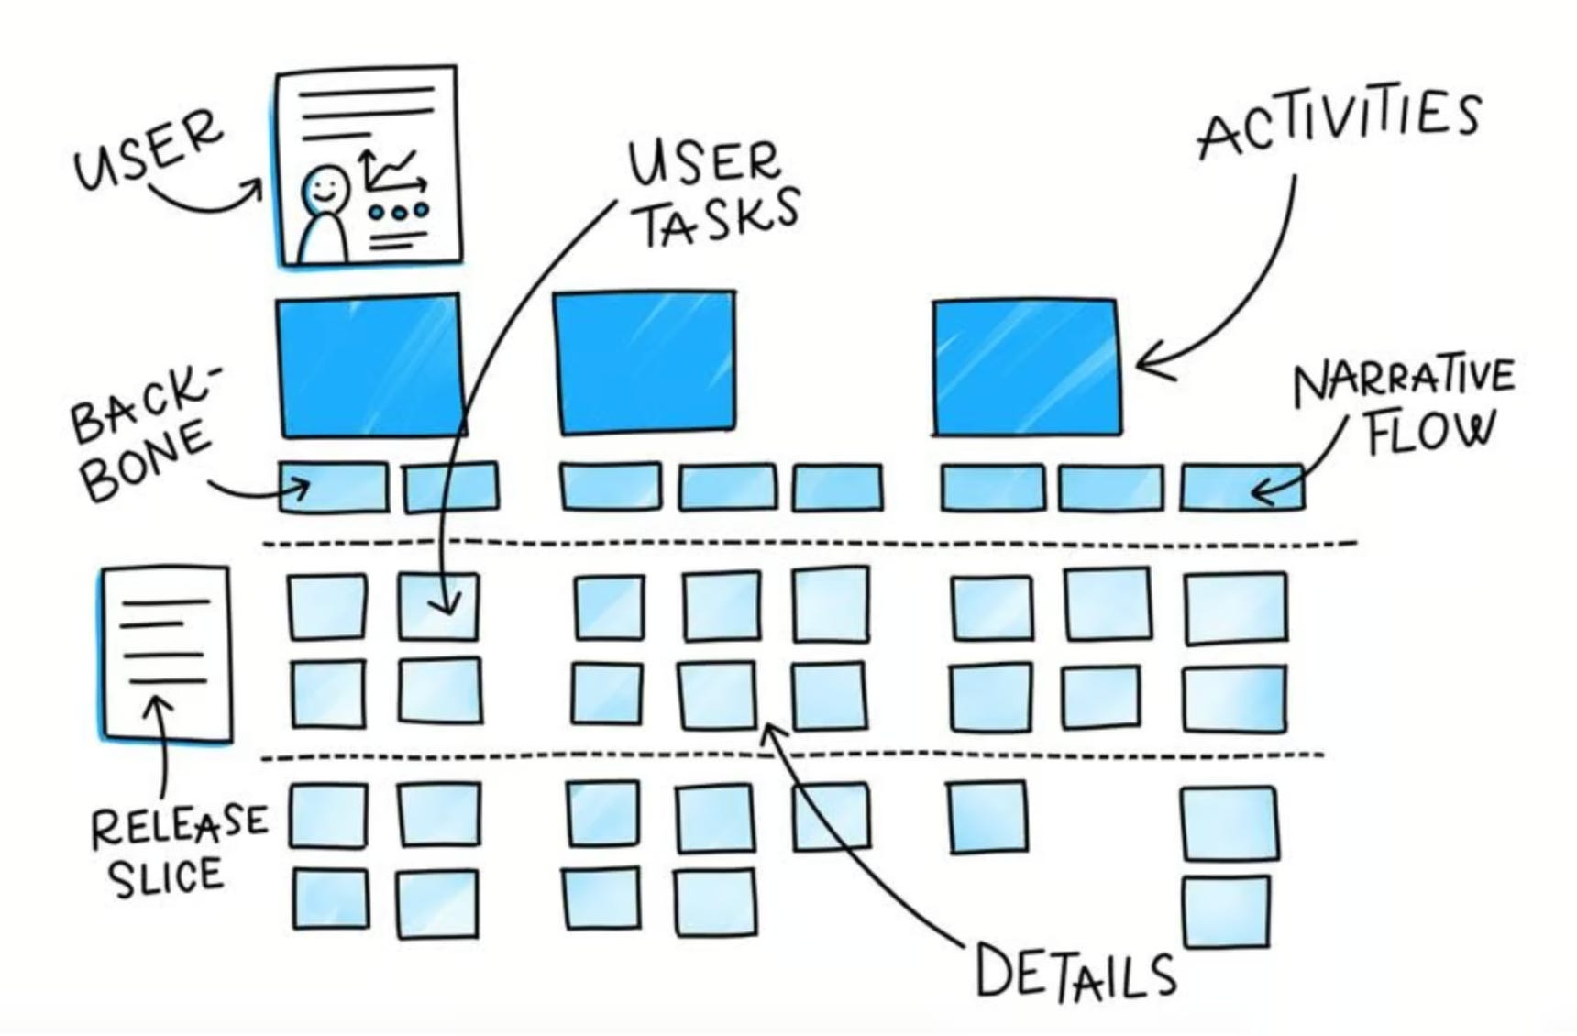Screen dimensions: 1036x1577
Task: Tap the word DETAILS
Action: (x=1075, y=973)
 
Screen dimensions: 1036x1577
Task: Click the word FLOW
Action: (x=1429, y=433)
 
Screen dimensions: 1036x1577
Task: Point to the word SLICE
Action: (x=166, y=876)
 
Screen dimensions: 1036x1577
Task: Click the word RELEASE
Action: (x=179, y=825)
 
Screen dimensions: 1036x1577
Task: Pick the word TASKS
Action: (x=719, y=217)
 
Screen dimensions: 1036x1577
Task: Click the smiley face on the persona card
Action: (x=325, y=190)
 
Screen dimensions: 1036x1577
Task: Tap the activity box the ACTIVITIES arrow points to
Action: (x=1026, y=367)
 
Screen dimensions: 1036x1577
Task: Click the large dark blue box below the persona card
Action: (x=369, y=365)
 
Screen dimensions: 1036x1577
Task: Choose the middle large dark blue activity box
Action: (x=645, y=362)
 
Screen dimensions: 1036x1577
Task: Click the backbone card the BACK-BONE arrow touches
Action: (x=333, y=487)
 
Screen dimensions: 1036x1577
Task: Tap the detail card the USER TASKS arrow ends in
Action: (x=439, y=606)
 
